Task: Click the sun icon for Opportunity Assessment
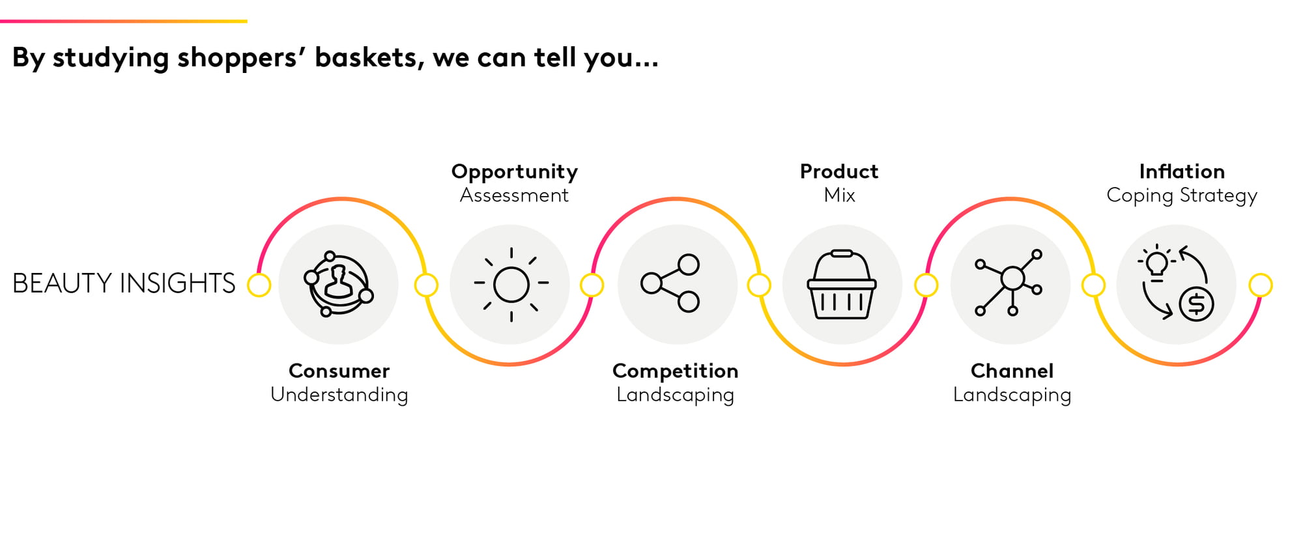coord(511,285)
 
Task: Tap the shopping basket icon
coord(842,285)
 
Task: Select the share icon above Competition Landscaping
coord(670,283)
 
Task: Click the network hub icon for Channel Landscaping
coord(1009,283)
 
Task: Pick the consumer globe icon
coord(338,284)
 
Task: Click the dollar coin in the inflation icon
coord(1196,304)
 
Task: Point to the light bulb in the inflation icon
coord(1157,263)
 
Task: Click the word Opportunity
coord(515,172)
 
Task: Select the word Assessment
coord(514,195)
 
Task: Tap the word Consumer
coord(339,371)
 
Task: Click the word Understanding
coord(339,395)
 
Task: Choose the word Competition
coord(676,371)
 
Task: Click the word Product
coord(839,171)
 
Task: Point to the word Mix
coord(839,195)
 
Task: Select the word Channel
coord(1012,371)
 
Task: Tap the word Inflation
coord(1182,171)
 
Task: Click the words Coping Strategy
coord(1182,196)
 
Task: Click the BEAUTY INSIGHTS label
coord(124,283)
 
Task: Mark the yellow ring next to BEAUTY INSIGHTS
coord(259,285)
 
